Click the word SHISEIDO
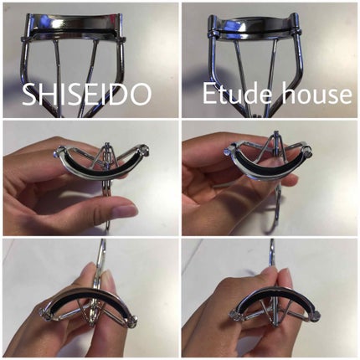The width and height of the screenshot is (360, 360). [x=86, y=94]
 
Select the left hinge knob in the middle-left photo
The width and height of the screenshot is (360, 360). [x=57, y=152]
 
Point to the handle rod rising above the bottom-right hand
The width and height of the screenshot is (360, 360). [x=271, y=253]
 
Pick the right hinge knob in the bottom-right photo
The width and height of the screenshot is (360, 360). [x=316, y=315]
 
